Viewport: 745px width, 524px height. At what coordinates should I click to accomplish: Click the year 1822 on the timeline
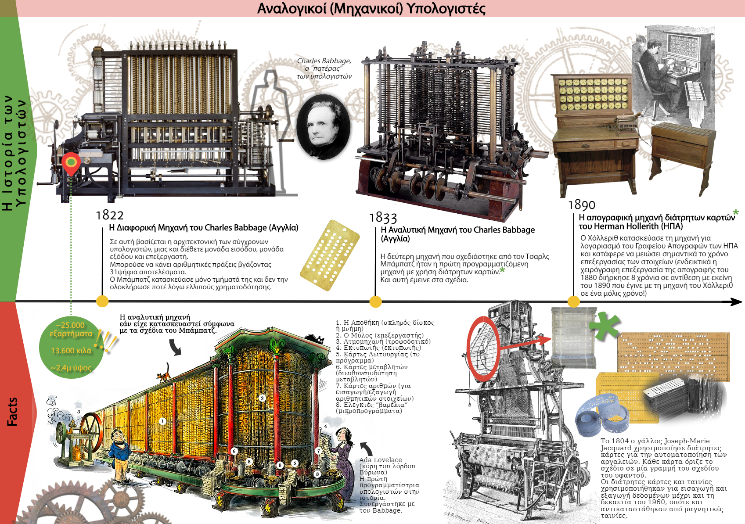(x=110, y=215)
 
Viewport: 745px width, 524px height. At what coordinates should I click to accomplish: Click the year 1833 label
(x=383, y=218)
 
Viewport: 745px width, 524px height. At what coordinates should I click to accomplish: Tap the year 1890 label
(x=582, y=205)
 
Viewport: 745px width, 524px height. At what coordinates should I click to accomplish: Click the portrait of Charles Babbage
(x=324, y=126)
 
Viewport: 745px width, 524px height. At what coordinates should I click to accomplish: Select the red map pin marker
(x=71, y=163)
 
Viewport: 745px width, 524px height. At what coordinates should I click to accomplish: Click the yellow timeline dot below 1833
(x=375, y=301)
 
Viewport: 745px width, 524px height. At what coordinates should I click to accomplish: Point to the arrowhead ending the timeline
(x=736, y=301)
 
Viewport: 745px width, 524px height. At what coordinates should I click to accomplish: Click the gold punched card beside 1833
(x=330, y=255)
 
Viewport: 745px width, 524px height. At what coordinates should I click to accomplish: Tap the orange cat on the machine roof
(x=164, y=373)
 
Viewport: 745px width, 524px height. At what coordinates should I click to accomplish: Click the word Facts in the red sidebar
(x=12, y=412)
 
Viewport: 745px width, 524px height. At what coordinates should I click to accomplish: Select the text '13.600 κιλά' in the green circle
(x=71, y=351)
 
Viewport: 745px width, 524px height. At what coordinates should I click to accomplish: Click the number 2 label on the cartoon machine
(x=262, y=398)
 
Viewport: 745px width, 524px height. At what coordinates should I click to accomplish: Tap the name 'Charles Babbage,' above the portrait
(x=324, y=61)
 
